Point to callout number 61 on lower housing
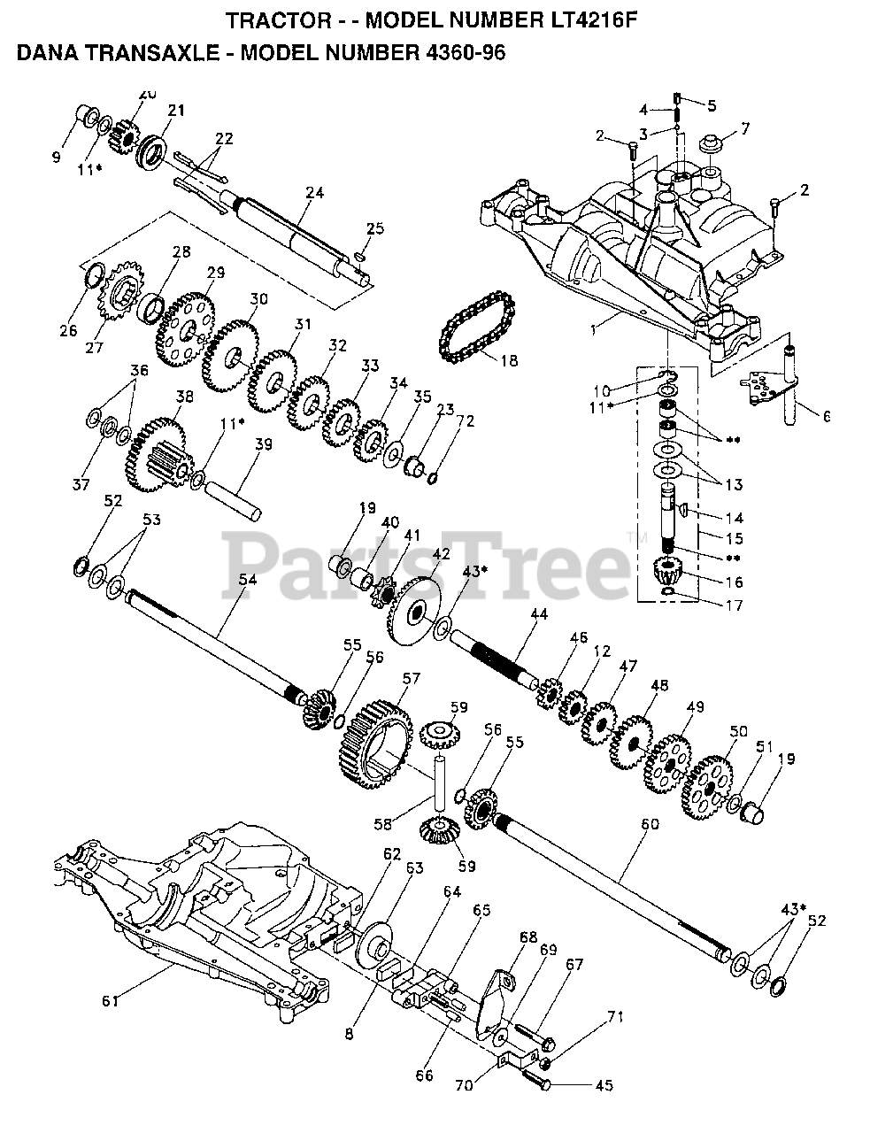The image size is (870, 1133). [110, 1001]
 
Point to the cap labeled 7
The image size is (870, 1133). [711, 144]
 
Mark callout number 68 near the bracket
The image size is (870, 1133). [529, 936]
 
